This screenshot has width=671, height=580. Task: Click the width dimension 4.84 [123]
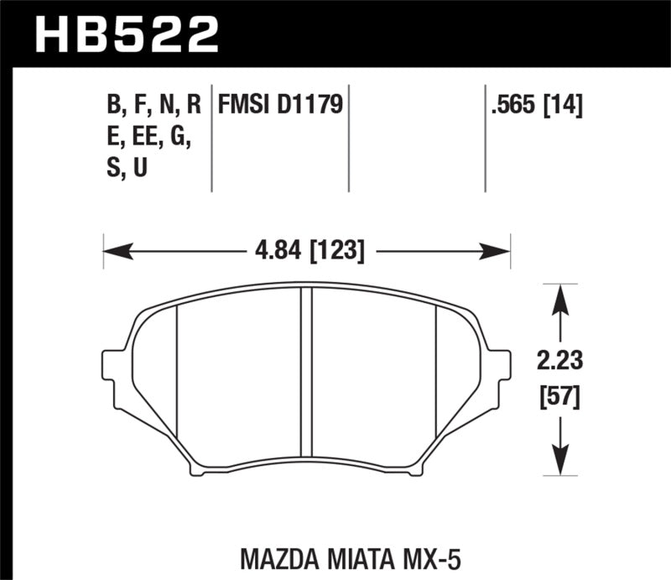(x=306, y=249)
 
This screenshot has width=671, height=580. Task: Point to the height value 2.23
(x=559, y=363)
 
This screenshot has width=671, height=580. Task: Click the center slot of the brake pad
(x=306, y=378)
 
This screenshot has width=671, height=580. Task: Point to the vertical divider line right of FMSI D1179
(x=348, y=138)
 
